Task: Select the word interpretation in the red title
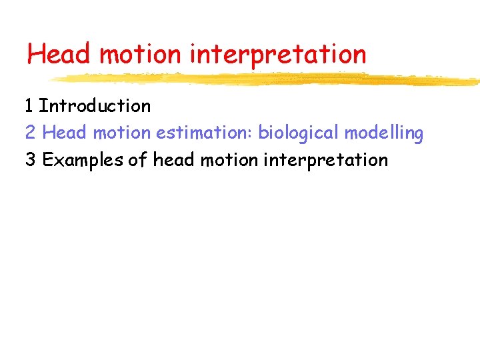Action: click(278, 55)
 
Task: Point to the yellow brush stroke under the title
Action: click(267, 79)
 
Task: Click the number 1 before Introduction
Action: click(29, 106)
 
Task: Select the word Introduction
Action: click(95, 106)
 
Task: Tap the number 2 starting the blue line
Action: click(30, 133)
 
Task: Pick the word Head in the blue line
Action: click(65, 133)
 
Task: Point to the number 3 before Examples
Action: click(30, 161)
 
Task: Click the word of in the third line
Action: click(137, 161)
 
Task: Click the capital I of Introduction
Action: click(42, 106)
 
